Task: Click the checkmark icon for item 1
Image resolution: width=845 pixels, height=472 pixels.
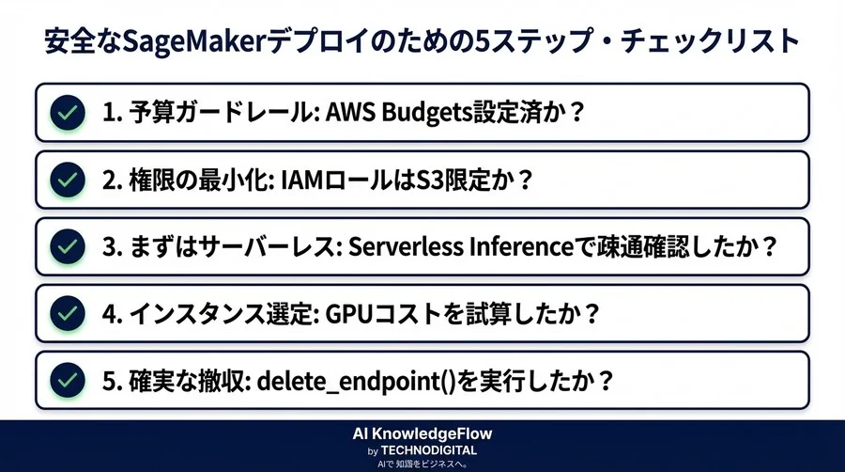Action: pos(65,113)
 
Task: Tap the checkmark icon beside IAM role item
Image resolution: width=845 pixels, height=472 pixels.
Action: pos(65,179)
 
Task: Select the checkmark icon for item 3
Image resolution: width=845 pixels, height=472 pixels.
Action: pos(65,245)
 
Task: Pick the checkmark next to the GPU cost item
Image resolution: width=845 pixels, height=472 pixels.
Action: pos(65,312)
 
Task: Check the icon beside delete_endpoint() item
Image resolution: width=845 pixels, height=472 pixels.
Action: pos(65,380)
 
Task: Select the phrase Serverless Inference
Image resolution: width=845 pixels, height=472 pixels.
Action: pos(460,245)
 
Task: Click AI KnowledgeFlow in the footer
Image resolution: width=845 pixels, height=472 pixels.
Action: pos(422,433)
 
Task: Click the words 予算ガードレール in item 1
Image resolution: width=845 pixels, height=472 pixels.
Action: pos(202,113)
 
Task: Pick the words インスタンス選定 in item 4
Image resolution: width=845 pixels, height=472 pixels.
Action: pos(225,312)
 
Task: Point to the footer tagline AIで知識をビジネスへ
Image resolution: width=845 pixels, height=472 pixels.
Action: pos(422,464)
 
